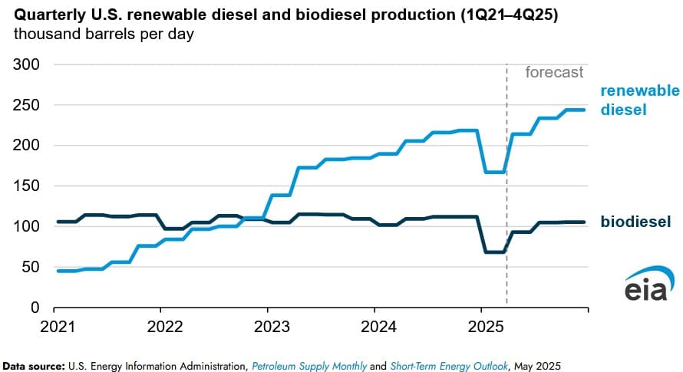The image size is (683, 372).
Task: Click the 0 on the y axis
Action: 35,308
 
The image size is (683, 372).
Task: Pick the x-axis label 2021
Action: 54,324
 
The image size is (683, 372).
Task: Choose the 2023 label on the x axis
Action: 267,324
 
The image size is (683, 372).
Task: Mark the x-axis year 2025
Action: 480,324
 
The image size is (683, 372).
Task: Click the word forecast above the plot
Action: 554,73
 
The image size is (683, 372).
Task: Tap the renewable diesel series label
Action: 639,100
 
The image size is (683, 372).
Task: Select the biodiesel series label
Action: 635,222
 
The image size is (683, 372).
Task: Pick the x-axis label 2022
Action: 160,324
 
